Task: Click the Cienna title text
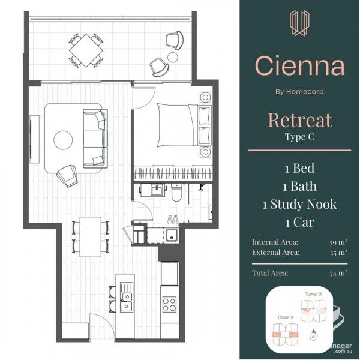[x=299, y=65]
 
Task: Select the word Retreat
[x=299, y=120]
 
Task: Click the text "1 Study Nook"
[x=299, y=204]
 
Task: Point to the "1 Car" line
[x=299, y=222]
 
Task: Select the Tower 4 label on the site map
[x=285, y=316]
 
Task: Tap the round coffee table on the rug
[x=64, y=140]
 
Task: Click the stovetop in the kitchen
[x=169, y=303]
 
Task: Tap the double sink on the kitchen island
[x=126, y=300]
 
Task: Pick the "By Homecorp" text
[x=299, y=92]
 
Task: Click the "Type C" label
[x=299, y=137]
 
